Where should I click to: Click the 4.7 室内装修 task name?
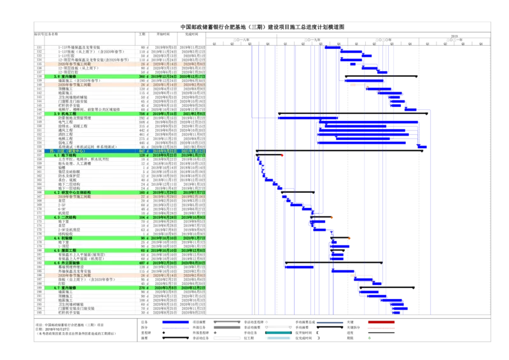pyautogui.click(x=66, y=287)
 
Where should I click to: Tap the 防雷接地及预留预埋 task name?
pyautogui.click(x=78, y=118)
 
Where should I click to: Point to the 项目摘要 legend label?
pyautogui.click(x=199, y=322)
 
